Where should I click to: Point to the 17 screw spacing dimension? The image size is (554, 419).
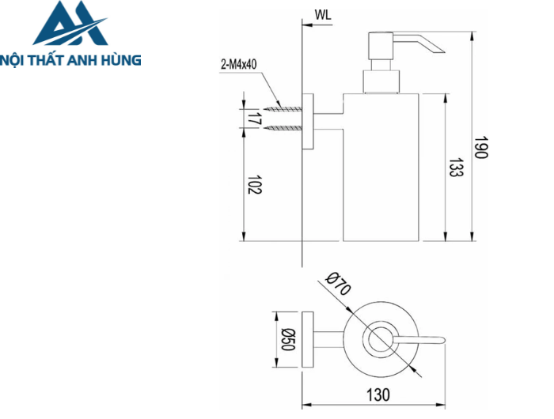254,119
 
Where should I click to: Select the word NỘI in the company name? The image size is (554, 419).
16,59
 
